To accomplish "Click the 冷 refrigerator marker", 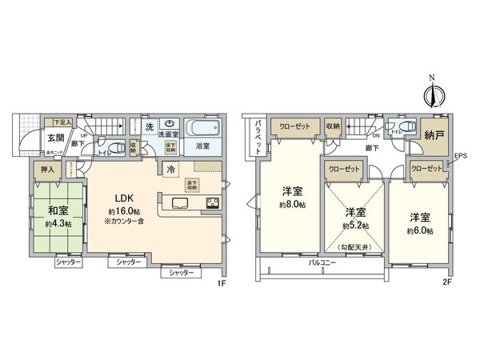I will coord(170,169).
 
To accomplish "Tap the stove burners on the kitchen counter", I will coord(213,202).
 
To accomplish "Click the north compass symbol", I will coord(434,94).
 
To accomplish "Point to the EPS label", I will coord(460,156).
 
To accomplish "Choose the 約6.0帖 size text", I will coord(419,230).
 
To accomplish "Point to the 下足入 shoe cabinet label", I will coord(62,122).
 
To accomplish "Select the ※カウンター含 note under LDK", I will coord(122,221).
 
